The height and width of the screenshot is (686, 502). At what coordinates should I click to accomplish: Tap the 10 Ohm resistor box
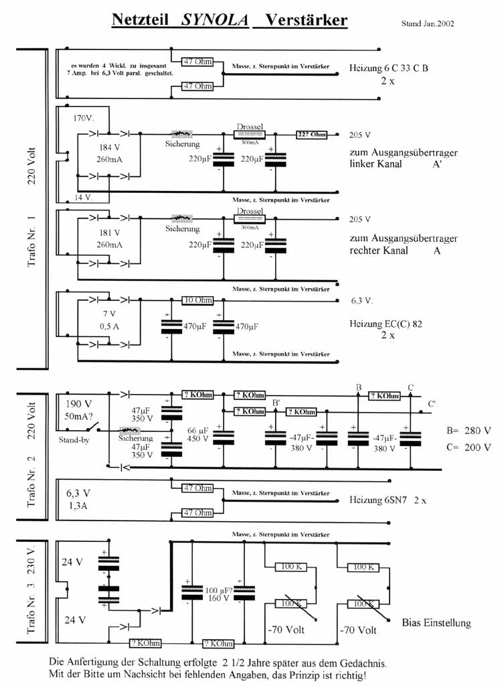[197, 300]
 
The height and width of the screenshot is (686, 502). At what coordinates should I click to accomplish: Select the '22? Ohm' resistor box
[311, 135]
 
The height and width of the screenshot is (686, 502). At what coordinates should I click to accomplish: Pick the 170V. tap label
[85, 118]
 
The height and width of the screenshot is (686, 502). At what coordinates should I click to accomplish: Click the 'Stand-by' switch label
[74, 440]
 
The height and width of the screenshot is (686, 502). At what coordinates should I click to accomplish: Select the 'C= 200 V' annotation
[469, 447]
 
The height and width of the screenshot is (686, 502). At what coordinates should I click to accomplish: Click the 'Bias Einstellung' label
[436, 622]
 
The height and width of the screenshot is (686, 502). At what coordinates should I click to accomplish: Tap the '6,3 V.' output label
[362, 301]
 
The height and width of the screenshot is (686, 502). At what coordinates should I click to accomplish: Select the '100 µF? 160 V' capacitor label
[218, 593]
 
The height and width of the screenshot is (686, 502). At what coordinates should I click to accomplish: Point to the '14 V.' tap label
[84, 198]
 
